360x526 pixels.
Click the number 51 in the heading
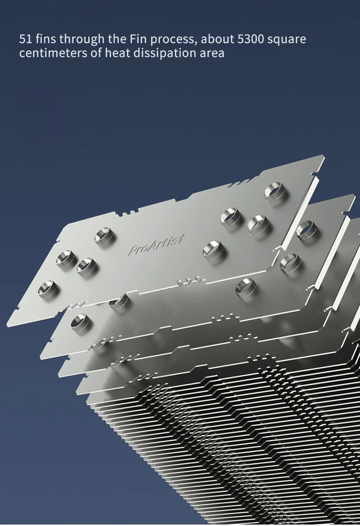click(25, 39)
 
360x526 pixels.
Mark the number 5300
click(250, 39)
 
